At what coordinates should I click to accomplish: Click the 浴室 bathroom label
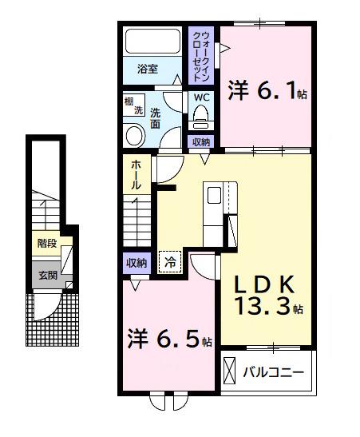pyautogui.click(x=147, y=69)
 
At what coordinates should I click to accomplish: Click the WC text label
pyautogui.click(x=201, y=97)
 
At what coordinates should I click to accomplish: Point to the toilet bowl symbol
pyautogui.click(x=201, y=118)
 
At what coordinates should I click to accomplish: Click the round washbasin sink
pyautogui.click(x=135, y=134)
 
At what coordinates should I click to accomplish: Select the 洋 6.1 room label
pyautogui.click(x=267, y=91)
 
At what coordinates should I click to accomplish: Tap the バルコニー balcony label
pyautogui.click(x=274, y=372)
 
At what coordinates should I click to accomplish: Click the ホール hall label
pyautogui.click(x=136, y=175)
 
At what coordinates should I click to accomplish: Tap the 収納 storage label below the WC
pyautogui.click(x=201, y=142)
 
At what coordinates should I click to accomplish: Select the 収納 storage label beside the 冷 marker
pyautogui.click(x=136, y=262)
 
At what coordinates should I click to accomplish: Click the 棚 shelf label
pyautogui.click(x=129, y=101)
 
